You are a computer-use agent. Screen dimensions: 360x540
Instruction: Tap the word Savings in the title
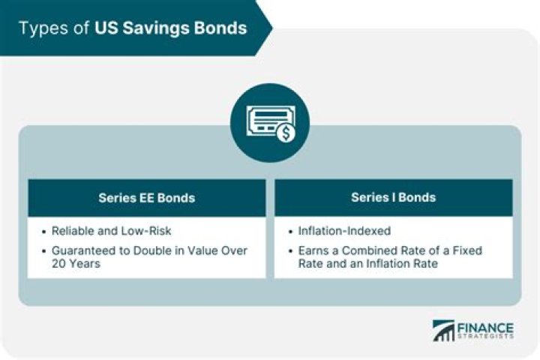[158, 28]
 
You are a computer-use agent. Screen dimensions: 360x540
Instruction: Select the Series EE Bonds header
[146, 198]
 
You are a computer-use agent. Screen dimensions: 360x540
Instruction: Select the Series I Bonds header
[392, 198]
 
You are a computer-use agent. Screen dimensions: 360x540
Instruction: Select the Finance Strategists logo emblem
[443, 331]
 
